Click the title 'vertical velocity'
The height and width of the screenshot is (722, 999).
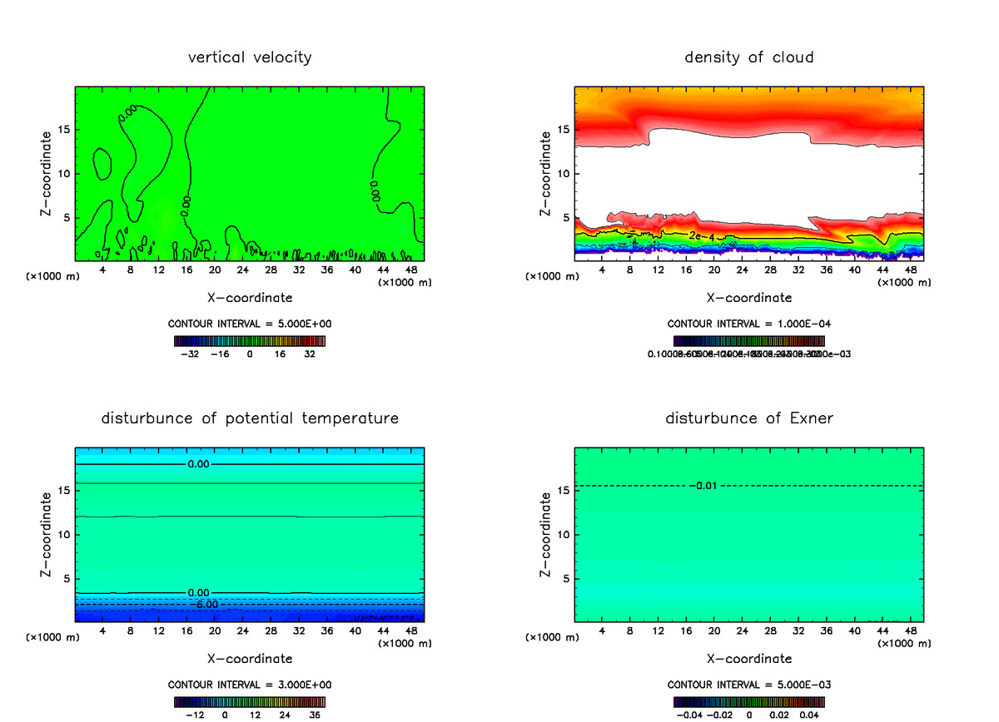pos(250,57)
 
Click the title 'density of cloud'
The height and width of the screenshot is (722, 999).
pos(749,57)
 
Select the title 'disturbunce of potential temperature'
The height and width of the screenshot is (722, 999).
pos(250,418)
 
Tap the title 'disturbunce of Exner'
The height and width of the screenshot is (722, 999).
pos(749,418)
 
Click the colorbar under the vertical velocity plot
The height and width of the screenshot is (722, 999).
pos(250,341)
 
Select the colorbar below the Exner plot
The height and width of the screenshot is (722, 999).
pos(749,702)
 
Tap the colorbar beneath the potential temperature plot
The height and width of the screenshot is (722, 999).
pos(250,702)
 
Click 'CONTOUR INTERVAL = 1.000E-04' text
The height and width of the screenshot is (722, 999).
pos(749,324)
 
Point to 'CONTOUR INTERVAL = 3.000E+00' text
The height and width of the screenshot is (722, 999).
pos(250,685)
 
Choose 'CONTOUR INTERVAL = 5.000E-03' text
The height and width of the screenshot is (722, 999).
pos(749,685)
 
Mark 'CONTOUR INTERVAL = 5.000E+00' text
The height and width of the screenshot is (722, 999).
pos(250,324)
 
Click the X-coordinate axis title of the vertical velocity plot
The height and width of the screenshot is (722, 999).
pos(250,298)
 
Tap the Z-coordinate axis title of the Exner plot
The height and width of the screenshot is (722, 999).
pos(546,534)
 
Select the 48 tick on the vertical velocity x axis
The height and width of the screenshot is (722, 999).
pos(410,270)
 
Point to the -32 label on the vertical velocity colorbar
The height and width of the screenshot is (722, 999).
pos(192,354)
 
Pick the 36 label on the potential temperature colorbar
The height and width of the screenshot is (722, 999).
pos(315,715)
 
